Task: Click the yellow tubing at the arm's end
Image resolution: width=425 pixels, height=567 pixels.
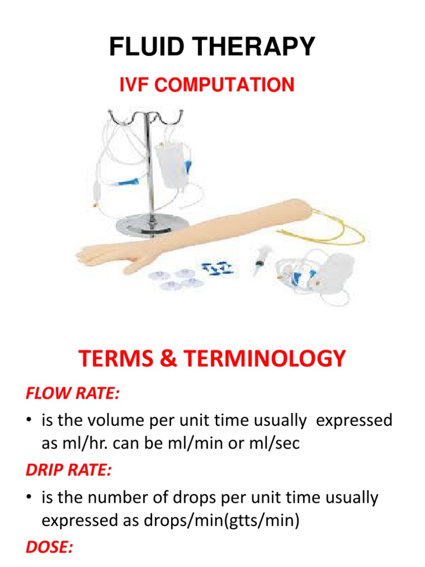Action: click(x=338, y=233)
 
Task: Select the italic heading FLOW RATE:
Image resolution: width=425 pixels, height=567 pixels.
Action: click(x=72, y=394)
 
